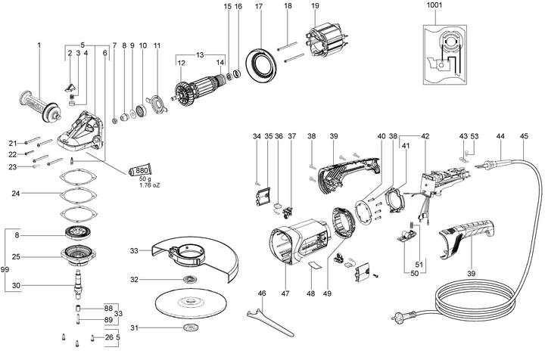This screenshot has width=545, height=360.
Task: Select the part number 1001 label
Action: coord(436,5)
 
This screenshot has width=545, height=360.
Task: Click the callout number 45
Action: coord(525,136)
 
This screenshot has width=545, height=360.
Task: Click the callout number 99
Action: coord(5,270)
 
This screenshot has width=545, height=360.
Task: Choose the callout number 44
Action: coord(500,136)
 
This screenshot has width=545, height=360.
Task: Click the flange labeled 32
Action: coord(186,280)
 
